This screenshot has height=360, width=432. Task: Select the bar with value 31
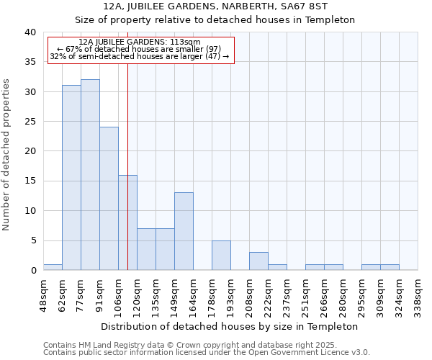coord(71,178)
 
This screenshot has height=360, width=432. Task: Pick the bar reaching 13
coord(184,231)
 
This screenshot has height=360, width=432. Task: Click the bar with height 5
coord(221,255)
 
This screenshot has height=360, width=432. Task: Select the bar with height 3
coord(258,261)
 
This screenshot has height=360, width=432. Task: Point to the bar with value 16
coord(127,222)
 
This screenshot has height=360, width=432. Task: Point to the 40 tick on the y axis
coord(30,32)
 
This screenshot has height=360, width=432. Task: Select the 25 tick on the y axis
coord(30,122)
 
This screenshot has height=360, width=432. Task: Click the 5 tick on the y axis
coord(32,240)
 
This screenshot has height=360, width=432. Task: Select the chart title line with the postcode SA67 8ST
coord(215,6)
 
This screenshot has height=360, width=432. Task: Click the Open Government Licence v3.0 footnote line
coord(207,352)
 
